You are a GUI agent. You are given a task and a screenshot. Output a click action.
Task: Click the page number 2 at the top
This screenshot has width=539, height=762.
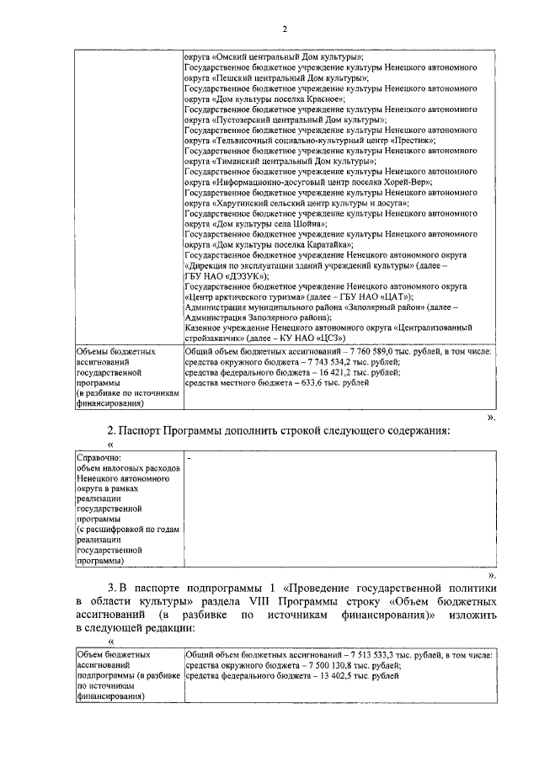[x=285, y=29]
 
